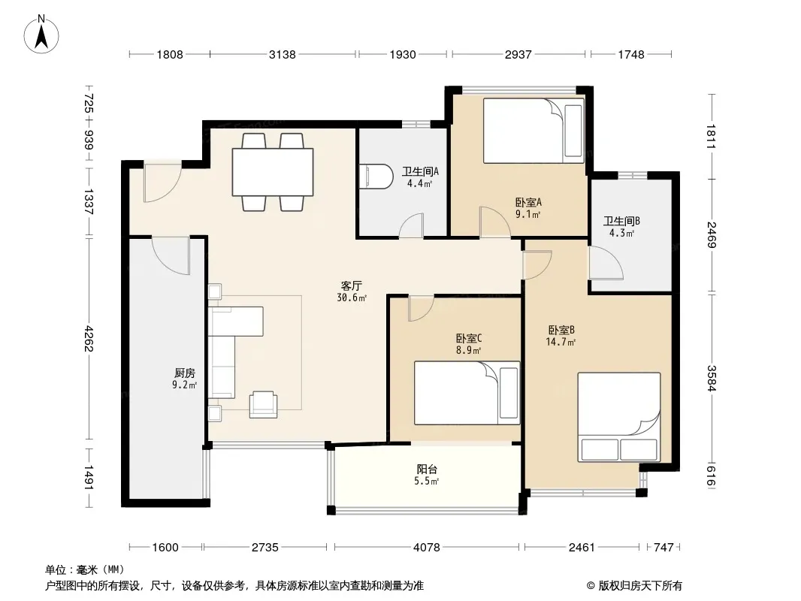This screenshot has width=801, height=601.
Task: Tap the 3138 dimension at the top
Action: click(x=282, y=54)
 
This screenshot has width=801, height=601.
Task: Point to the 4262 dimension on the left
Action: click(x=89, y=338)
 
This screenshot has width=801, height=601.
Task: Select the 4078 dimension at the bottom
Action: click(x=427, y=548)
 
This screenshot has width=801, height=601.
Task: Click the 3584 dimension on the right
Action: click(x=712, y=379)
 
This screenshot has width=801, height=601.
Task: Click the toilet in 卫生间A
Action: click(x=376, y=177)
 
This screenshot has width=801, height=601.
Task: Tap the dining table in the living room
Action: click(x=273, y=172)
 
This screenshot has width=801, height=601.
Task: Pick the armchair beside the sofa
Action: click(x=263, y=404)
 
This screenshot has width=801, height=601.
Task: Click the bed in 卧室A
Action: click(x=533, y=131)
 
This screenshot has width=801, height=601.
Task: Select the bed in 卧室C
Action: click(x=467, y=393)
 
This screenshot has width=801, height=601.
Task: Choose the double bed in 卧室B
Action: click(x=618, y=417)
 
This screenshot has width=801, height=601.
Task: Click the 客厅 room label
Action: click(x=352, y=286)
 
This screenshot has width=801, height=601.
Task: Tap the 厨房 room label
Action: click(x=184, y=373)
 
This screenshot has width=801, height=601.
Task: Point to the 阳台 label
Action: click(x=427, y=470)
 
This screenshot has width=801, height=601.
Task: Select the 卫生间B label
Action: click(x=621, y=221)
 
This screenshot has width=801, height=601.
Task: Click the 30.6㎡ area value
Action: click(x=352, y=298)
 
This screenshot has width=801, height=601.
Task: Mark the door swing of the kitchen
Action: click(x=171, y=256)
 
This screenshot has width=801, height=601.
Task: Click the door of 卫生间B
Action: click(x=606, y=263)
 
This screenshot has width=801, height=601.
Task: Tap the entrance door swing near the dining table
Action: click(x=162, y=183)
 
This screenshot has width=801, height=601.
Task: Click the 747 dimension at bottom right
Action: click(x=663, y=548)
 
